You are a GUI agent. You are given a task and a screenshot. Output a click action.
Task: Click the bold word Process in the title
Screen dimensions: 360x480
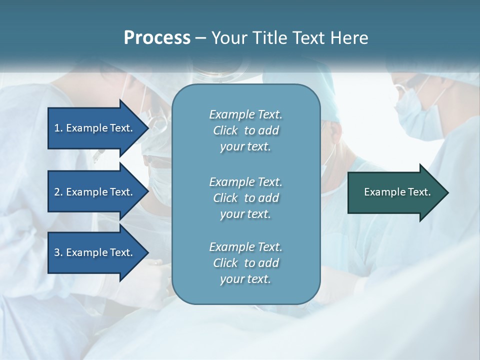click(x=157, y=38)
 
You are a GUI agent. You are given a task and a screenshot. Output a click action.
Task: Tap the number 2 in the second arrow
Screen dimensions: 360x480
click(x=57, y=192)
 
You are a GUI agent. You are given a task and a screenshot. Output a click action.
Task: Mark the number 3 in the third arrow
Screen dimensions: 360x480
click(x=57, y=252)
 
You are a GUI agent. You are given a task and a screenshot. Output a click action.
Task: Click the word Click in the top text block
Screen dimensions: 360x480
click(x=225, y=130)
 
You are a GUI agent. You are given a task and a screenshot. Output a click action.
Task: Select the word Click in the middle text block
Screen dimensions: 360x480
click(x=225, y=198)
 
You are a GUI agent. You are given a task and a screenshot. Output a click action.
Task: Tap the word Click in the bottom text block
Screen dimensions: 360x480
click(x=225, y=263)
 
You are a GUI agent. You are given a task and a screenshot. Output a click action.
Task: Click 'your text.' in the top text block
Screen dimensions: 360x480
click(x=245, y=147)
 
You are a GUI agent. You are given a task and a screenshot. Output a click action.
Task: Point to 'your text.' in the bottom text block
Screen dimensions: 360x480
click(x=245, y=279)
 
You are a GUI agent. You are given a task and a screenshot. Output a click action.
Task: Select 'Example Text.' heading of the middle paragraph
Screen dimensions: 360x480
click(x=245, y=181)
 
